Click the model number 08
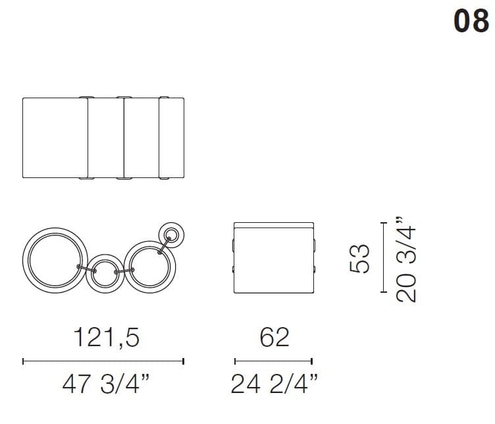[471, 22]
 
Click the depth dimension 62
[274, 338]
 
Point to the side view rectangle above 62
[273, 258]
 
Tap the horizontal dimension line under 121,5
[103, 361]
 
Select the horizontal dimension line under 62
[273, 361]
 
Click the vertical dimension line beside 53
[384, 258]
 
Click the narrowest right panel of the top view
[172, 138]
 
